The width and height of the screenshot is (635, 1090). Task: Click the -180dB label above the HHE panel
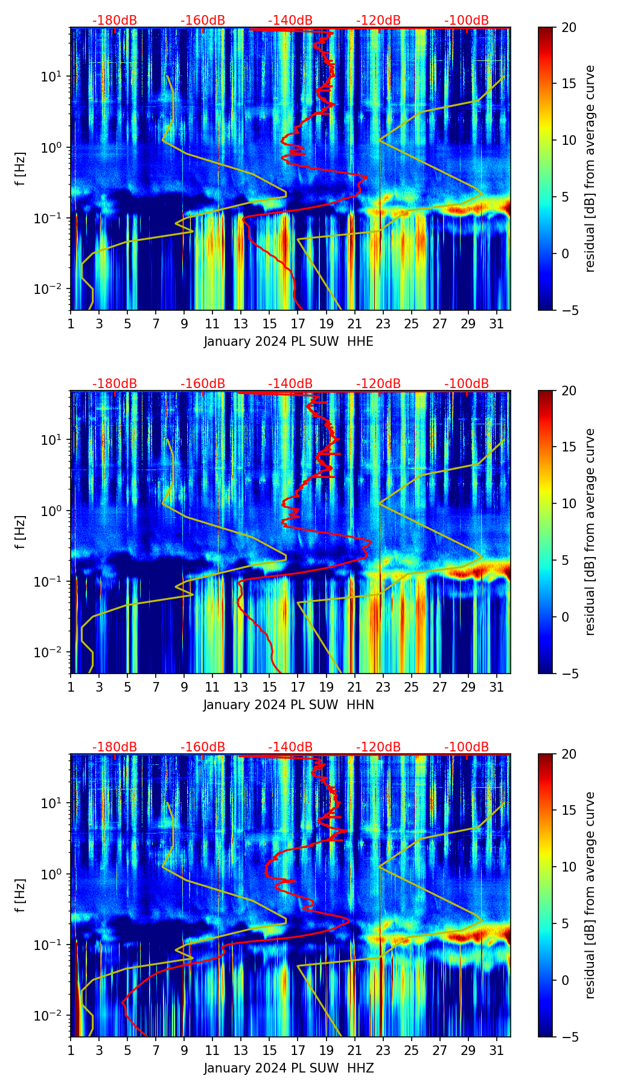[x=115, y=21]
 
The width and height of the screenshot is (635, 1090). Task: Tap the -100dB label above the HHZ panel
[x=467, y=747]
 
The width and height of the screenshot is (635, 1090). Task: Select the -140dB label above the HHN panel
[x=290, y=384]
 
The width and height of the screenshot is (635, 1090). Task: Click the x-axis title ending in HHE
[x=289, y=342]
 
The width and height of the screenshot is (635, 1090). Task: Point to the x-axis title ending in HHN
[x=289, y=705]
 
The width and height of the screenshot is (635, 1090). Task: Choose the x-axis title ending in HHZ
[x=289, y=1068]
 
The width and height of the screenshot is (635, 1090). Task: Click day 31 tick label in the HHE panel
[x=497, y=324]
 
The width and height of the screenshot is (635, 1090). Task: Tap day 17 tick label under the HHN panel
[x=298, y=687]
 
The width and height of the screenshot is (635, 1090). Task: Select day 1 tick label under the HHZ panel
[x=71, y=1051]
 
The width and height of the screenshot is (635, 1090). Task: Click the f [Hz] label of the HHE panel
[x=21, y=169]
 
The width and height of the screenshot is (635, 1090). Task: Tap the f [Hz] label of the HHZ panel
[x=21, y=896]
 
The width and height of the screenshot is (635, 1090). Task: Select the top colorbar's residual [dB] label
[x=590, y=169]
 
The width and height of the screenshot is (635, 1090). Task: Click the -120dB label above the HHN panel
[x=378, y=384]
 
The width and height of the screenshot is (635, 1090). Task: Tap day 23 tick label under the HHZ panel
[x=383, y=1051]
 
